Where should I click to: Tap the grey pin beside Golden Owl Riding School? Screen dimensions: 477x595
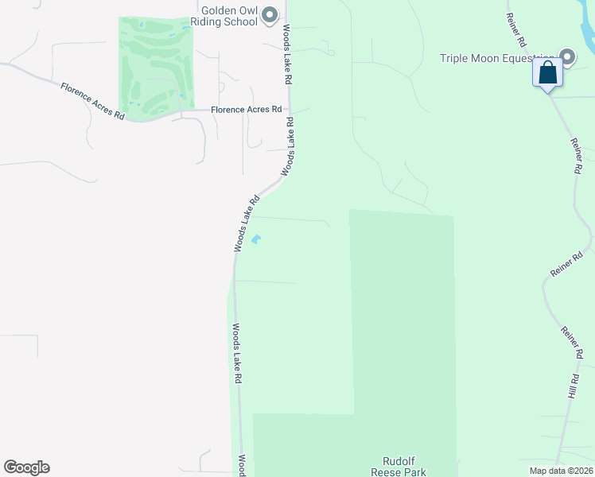[x=270, y=14]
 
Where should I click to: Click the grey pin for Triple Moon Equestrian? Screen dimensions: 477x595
[x=567, y=56]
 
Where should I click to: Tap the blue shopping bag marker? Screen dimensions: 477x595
[x=548, y=73]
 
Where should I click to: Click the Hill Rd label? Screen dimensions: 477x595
[x=571, y=386]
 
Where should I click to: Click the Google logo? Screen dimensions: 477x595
[x=26, y=467]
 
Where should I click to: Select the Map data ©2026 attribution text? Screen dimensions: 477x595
[x=561, y=471]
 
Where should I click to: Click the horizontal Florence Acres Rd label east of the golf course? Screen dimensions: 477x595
[x=246, y=110]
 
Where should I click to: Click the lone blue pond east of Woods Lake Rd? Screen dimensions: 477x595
[x=256, y=238]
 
